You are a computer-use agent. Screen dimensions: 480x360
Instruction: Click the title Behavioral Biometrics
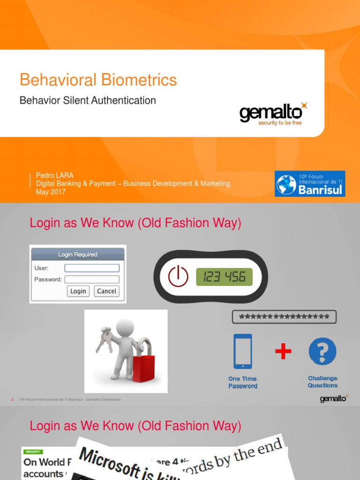[x=98, y=80]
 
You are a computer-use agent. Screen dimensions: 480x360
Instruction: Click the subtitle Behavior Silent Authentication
[x=88, y=100]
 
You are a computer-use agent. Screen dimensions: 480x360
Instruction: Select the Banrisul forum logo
[x=310, y=184]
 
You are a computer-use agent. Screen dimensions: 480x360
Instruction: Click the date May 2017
[x=51, y=192]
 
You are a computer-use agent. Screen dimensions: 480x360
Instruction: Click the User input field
[x=92, y=268]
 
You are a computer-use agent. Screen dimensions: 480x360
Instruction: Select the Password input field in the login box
[x=92, y=279]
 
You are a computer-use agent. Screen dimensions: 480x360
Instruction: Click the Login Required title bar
[x=78, y=255]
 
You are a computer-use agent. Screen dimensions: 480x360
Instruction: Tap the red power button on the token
[x=178, y=277]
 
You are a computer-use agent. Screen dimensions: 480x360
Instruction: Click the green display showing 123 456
[x=224, y=277]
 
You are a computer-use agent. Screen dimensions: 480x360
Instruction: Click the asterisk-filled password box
[x=284, y=317]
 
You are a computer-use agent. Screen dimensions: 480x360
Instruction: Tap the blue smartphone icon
[x=242, y=352]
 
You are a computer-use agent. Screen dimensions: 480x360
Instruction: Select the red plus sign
[x=283, y=352]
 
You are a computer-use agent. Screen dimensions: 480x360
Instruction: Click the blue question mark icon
[x=322, y=352]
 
